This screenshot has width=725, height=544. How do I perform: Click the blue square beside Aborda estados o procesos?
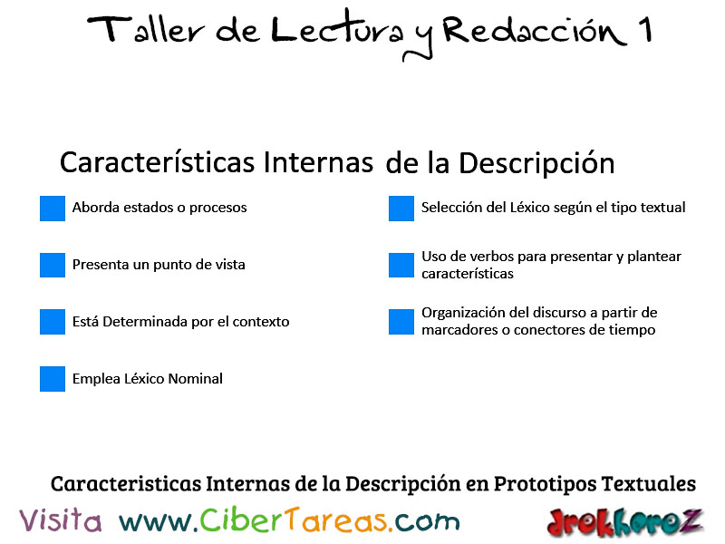click(x=53, y=209)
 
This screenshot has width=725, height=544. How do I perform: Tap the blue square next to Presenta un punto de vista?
click(x=53, y=265)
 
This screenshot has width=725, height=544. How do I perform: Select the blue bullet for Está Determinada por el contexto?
click(x=53, y=322)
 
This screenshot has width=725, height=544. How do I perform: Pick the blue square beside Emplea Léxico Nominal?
click(x=53, y=379)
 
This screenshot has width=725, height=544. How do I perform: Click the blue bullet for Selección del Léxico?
click(x=401, y=209)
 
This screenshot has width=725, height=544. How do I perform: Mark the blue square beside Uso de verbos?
click(x=401, y=265)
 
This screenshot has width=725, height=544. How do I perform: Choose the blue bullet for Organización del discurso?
click(x=401, y=322)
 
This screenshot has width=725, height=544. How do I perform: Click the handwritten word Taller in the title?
click(x=146, y=30)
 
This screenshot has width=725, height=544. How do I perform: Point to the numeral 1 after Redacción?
click(x=645, y=29)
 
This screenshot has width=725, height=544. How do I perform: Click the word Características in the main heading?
click(x=157, y=163)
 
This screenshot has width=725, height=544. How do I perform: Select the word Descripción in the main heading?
click(x=536, y=163)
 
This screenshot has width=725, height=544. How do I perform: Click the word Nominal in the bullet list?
click(x=195, y=379)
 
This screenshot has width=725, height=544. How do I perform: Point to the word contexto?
click(x=261, y=322)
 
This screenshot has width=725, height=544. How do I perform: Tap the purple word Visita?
click(x=60, y=520)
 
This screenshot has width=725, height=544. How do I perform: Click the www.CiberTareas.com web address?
click(x=289, y=520)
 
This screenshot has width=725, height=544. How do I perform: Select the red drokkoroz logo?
click(x=624, y=522)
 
